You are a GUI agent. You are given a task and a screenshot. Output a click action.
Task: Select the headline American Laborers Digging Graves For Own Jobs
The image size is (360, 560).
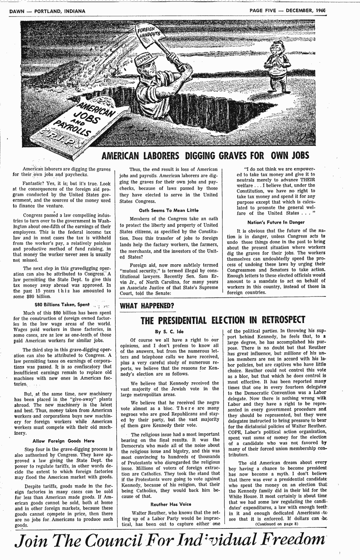(205, 156)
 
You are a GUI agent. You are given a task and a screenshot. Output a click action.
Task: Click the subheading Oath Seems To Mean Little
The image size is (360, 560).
(169, 210)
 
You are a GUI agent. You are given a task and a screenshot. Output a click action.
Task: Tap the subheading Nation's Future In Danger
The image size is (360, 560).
(276, 222)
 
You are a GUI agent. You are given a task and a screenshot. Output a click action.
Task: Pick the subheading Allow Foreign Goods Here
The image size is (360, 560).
(63, 441)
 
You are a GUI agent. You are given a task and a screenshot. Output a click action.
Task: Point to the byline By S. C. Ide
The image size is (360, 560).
(168, 332)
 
